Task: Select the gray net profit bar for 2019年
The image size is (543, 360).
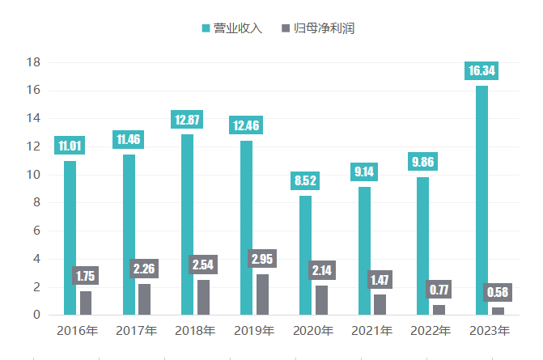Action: pos(262,294)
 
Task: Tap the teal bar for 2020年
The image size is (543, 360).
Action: pos(305,255)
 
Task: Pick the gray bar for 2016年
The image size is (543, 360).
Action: pos(86,303)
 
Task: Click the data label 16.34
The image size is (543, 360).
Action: pos(482,72)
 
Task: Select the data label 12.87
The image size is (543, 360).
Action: pos(188,120)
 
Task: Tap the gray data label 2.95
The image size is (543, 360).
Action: pos(262,260)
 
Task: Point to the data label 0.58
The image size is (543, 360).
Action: pos(497,292)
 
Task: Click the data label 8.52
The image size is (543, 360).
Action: pos(306,181)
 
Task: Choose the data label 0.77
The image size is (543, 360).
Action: pos(438,290)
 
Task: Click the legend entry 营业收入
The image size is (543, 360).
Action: pos(233,28)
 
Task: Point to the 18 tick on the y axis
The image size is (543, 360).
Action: pos(34,62)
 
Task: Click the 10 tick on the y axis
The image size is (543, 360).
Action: pos(34,175)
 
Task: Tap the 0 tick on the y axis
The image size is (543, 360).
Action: pos(37,315)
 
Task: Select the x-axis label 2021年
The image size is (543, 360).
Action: pos(371,331)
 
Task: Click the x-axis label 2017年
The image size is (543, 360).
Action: pos(137,331)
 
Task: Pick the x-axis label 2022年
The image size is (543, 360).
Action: pos(431,331)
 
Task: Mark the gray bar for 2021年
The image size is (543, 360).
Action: pos(380,304)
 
